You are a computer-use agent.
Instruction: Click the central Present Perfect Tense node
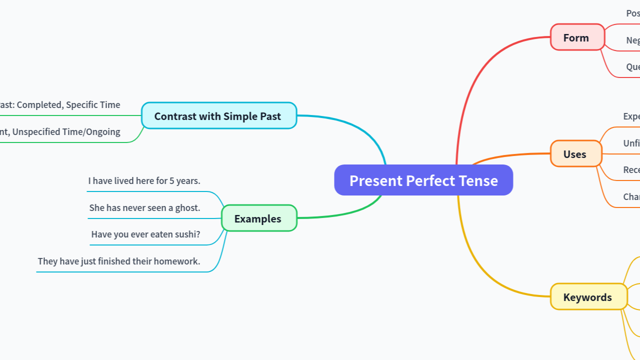click(423, 180)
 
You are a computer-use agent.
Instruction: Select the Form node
click(577, 37)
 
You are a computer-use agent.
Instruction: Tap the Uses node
click(575, 154)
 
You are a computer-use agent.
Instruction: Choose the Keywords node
click(588, 297)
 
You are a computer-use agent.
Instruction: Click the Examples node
click(258, 218)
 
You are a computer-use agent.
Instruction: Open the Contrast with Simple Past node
click(218, 116)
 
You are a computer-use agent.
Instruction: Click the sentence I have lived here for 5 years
click(144, 181)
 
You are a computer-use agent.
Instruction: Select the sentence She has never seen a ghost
click(144, 207)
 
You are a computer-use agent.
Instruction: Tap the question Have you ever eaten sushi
click(145, 234)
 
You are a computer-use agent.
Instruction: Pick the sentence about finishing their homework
click(119, 261)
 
